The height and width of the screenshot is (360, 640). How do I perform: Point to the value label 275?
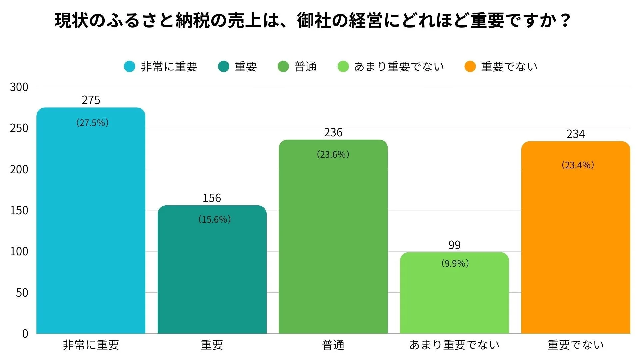tap(91, 100)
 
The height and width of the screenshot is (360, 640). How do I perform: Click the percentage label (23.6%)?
tap(333, 154)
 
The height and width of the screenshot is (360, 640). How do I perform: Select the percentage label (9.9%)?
tap(455, 263)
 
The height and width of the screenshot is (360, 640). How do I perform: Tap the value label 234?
tap(576, 134)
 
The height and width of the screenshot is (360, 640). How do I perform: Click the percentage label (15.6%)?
tap(214, 219)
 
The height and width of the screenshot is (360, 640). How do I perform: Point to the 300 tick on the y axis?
tap(19, 87)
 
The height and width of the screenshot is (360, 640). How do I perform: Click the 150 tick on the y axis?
tap(19, 210)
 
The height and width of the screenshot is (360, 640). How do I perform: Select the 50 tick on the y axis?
tap(22, 293)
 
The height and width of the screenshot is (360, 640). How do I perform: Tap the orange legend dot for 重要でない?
tap(470, 66)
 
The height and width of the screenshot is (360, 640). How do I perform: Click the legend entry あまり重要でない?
tap(399, 66)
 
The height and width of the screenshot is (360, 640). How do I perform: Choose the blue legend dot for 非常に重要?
tap(129, 66)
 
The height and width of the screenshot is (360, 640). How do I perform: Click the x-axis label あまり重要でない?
tap(454, 345)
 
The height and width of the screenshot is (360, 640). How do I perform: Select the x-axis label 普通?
tap(333, 345)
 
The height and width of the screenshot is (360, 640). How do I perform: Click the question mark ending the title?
tap(565, 21)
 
